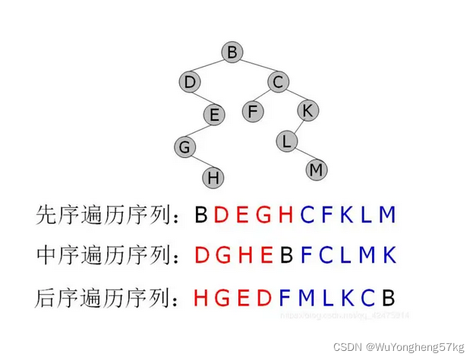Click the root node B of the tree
click(x=232, y=52)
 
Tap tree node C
click(x=279, y=81)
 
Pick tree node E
click(x=214, y=115)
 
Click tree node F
click(x=254, y=111)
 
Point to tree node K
click(x=307, y=110)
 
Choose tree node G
click(x=184, y=146)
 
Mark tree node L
click(x=286, y=141)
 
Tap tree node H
click(x=213, y=178)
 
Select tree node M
click(x=317, y=170)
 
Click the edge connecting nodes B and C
click(x=256, y=67)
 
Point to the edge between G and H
click(x=199, y=162)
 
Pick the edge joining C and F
click(x=266, y=96)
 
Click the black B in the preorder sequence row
click(x=200, y=215)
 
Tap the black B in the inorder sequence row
click(x=287, y=254)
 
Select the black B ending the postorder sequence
click(x=389, y=296)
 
